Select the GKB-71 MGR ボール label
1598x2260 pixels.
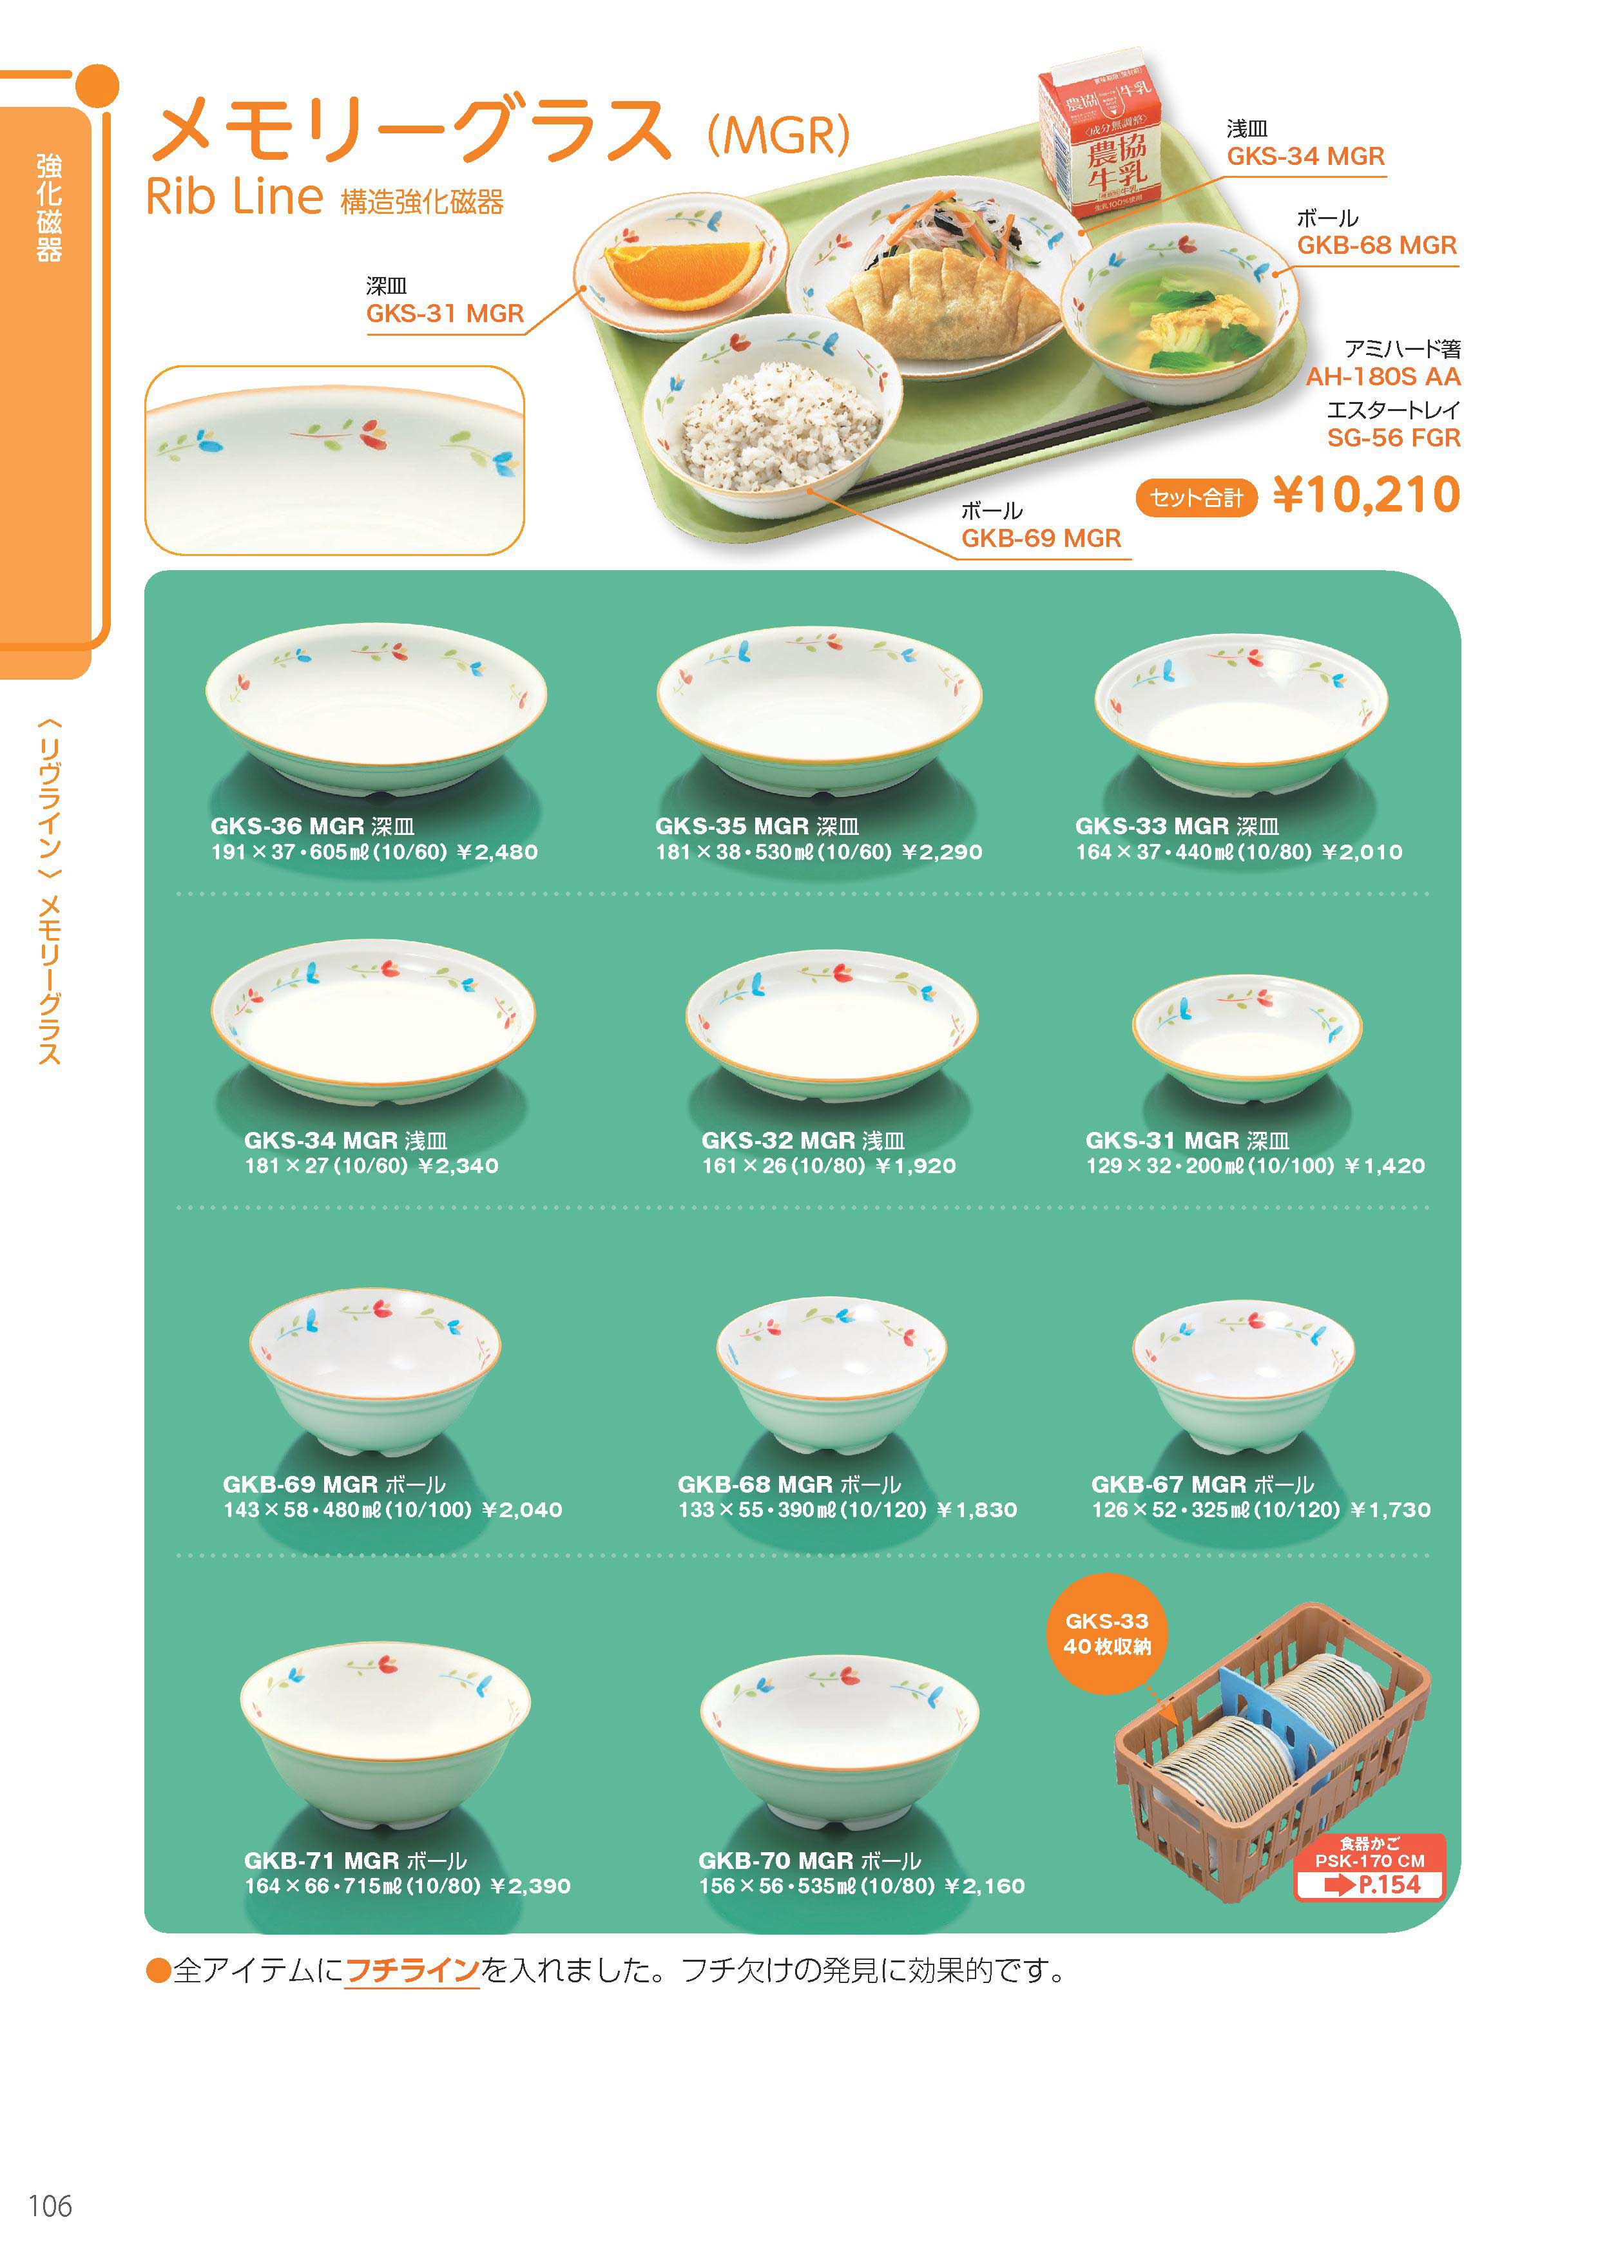coord(356,1861)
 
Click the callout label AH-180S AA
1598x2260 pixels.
coord(1383,377)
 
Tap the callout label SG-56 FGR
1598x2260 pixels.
coord(1393,438)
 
